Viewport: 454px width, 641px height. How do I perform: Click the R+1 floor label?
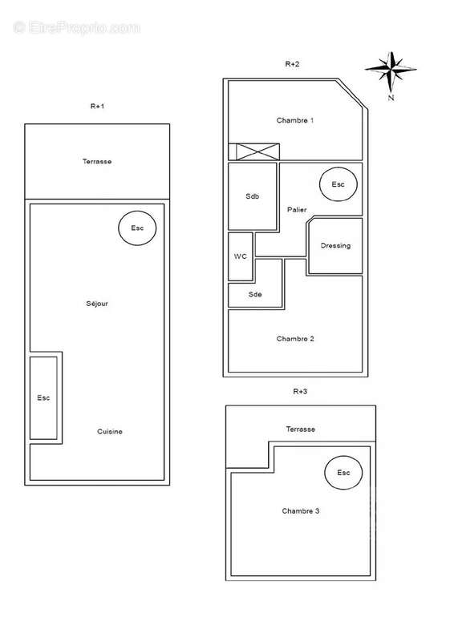pyautogui.click(x=97, y=105)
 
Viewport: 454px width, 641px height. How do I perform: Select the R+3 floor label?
pyautogui.click(x=300, y=391)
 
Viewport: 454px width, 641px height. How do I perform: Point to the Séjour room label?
pyautogui.click(x=97, y=304)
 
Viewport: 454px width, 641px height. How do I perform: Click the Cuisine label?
pyautogui.click(x=110, y=432)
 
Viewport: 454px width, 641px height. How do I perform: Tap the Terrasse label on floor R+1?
pyautogui.click(x=97, y=161)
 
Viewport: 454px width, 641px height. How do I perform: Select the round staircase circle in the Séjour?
pyautogui.click(x=137, y=228)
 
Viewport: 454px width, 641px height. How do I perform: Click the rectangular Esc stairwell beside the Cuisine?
pyautogui.click(x=43, y=398)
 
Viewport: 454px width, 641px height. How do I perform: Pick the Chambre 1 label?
pyautogui.click(x=295, y=120)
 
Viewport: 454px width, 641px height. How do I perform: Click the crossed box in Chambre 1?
pyautogui.click(x=254, y=151)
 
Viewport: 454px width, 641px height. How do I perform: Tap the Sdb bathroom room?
pyautogui.click(x=253, y=196)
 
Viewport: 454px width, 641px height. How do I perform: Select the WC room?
pyautogui.click(x=241, y=256)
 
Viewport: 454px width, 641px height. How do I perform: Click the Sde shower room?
pyautogui.click(x=255, y=294)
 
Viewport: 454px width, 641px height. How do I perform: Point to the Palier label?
pyautogui.click(x=297, y=210)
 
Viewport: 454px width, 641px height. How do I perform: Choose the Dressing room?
pyautogui.click(x=335, y=246)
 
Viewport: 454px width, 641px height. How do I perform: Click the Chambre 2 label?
pyautogui.click(x=295, y=338)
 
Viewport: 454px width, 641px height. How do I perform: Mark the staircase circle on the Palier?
pyautogui.click(x=338, y=184)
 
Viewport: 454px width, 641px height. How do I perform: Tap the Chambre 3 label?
pyautogui.click(x=300, y=510)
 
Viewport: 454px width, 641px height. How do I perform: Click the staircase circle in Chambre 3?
pyautogui.click(x=343, y=473)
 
